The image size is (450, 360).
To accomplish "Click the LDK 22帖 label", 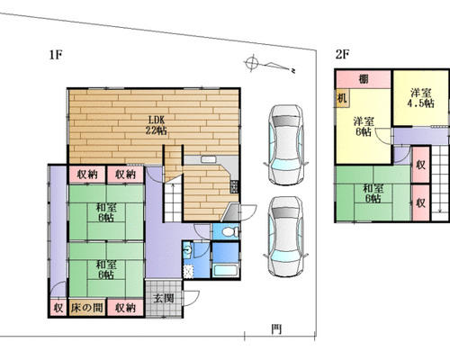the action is pos(157,125).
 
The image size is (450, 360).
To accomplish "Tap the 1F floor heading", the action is pos(56,55).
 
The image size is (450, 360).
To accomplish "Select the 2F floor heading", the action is pos(342,54).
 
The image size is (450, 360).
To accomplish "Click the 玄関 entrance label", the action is pos(164,299).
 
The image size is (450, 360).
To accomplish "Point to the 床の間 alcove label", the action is pos(87,308).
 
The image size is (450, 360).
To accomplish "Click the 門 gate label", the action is pos(276,329).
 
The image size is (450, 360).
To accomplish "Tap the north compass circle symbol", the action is pos(252,63).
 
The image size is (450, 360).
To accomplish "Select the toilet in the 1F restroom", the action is pos(231,231).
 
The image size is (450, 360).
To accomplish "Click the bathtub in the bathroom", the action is pos(226,270).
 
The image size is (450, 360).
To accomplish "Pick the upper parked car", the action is pos(285,145).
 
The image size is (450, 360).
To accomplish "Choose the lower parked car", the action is pos(285,237).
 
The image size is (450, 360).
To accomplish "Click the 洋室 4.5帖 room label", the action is pos(421,98).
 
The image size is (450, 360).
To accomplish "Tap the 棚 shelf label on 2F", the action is pos(364,79).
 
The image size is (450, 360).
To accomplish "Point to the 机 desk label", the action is pos(342,98).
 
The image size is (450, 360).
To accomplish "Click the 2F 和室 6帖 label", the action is pos(373,193).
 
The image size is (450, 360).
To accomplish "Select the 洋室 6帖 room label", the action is pos(364,127).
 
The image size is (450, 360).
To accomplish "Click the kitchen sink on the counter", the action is pos(209,159).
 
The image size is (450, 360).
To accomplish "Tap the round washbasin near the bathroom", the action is pos(188,249).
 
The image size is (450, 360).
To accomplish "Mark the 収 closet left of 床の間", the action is pos(58,308).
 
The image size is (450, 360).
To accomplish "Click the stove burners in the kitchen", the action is pos(234,186).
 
